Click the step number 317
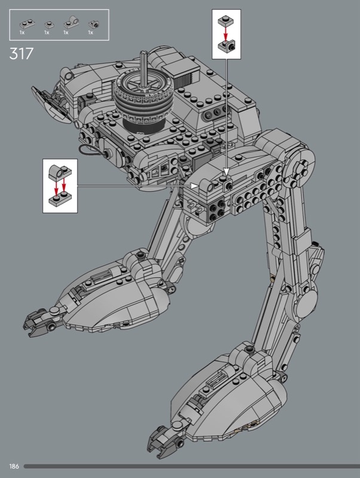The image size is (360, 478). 21,54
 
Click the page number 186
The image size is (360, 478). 14,466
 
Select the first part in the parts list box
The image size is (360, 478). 27,23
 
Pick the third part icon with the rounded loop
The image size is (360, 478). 71,22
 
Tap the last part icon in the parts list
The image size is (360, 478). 94,23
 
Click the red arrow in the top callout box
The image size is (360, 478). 225,34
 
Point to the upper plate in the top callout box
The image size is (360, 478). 226,21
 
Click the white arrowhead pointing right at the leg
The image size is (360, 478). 194,185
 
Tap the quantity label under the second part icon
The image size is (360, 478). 47,32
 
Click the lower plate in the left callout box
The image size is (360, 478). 60,199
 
